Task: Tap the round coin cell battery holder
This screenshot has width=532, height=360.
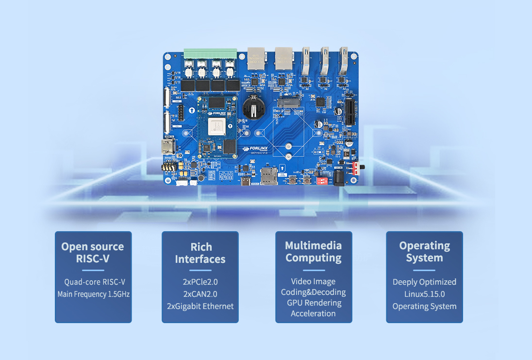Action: (x=252, y=107)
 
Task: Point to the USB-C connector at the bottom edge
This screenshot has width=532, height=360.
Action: (x=246, y=182)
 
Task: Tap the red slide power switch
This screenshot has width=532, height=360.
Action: (x=360, y=167)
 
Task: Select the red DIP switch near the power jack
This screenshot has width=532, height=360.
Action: (x=321, y=181)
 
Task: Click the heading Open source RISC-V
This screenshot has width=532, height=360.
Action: (x=93, y=252)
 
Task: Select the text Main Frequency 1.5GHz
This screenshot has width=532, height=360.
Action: (x=94, y=294)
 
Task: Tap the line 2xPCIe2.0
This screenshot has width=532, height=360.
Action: (x=200, y=282)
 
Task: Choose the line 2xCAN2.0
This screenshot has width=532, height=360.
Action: (x=200, y=294)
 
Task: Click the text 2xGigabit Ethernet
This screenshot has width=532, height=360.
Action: (x=200, y=306)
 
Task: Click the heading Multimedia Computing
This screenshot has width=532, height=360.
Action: (x=314, y=252)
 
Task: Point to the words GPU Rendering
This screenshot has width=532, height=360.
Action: (x=314, y=303)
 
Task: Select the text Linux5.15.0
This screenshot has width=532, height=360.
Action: (x=424, y=294)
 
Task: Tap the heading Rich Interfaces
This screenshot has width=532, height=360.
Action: (x=200, y=253)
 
